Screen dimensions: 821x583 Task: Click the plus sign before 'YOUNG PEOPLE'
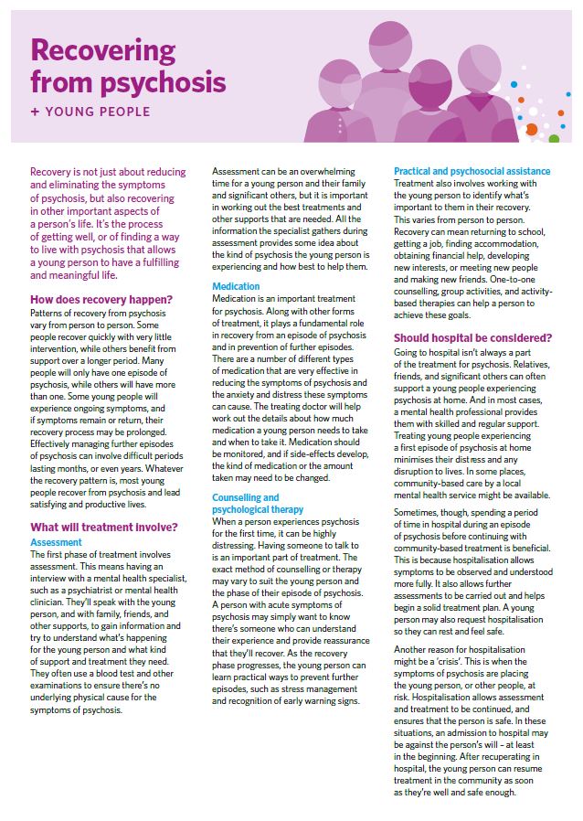pyautogui.click(x=35, y=112)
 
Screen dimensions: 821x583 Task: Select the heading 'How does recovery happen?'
pyautogui.click(x=101, y=299)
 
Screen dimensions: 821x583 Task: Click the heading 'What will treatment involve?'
pyautogui.click(x=103, y=527)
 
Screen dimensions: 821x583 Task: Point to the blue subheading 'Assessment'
pyautogui.click(x=57, y=542)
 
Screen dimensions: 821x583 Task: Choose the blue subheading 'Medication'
pyautogui.click(x=236, y=287)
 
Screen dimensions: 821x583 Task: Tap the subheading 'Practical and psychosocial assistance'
pyautogui.click(x=472, y=171)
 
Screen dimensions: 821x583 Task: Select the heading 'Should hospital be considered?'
pyautogui.click(x=472, y=337)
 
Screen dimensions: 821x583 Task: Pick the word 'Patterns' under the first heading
pyautogui.click(x=50, y=314)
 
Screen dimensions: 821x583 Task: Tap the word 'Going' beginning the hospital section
pyautogui.click(x=408, y=352)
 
